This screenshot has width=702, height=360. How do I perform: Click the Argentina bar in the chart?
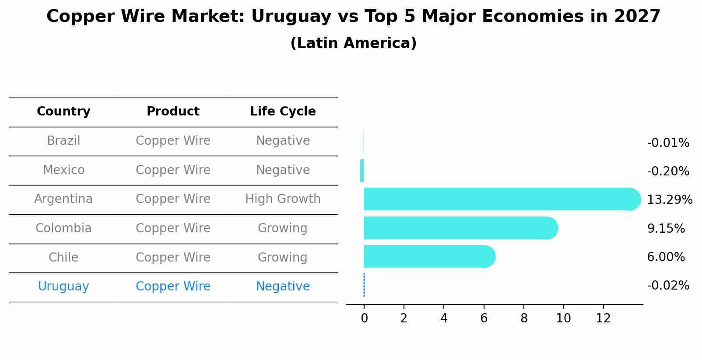(x=499, y=199)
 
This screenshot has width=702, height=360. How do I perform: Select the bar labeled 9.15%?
(x=460, y=228)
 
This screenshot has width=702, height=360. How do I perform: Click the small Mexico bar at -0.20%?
(x=362, y=171)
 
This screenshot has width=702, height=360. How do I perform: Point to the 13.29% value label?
(x=669, y=200)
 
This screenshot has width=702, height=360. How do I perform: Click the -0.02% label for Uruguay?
(x=668, y=286)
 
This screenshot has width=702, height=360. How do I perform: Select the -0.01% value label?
(x=668, y=143)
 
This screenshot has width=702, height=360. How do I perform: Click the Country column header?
(x=63, y=112)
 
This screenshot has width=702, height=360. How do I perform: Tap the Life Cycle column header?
(x=283, y=112)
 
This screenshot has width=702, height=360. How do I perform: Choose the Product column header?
(x=173, y=112)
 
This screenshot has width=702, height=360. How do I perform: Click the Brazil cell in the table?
(x=63, y=141)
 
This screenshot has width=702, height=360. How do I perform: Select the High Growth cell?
(x=283, y=199)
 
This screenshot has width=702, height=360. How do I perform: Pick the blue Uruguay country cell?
(x=63, y=287)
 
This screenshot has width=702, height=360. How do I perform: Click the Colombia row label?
(x=63, y=228)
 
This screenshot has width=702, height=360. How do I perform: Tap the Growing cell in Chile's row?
(x=282, y=257)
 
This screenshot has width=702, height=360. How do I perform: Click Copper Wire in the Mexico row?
(x=173, y=170)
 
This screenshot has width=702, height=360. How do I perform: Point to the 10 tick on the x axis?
(x=563, y=318)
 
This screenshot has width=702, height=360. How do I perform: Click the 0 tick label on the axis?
(x=364, y=318)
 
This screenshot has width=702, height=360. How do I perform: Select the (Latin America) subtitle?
(x=353, y=43)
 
